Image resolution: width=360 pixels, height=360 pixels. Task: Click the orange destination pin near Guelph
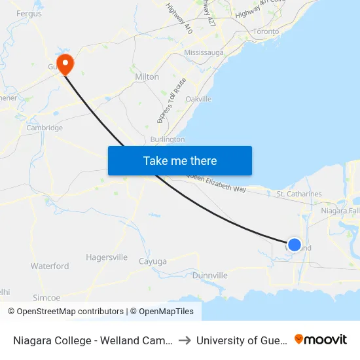(65, 63)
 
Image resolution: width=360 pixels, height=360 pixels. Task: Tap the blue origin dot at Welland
(295, 245)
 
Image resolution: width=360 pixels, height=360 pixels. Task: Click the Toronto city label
(266, 31)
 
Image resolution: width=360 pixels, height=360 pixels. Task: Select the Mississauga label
(204, 52)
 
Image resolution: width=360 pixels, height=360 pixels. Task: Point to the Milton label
(147, 77)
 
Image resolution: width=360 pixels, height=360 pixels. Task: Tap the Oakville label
(198, 99)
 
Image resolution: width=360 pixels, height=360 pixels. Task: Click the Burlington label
(168, 139)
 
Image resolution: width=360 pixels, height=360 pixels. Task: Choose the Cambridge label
(45, 128)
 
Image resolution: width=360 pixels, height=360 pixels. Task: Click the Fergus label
(28, 13)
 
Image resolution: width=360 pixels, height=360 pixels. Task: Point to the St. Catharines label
(299, 194)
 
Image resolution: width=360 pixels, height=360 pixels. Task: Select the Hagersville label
(107, 257)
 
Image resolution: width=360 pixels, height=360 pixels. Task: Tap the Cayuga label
(153, 261)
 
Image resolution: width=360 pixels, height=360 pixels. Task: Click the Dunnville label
(209, 276)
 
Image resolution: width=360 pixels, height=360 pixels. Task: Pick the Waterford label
(50, 266)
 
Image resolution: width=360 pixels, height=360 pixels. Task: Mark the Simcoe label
(46, 297)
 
